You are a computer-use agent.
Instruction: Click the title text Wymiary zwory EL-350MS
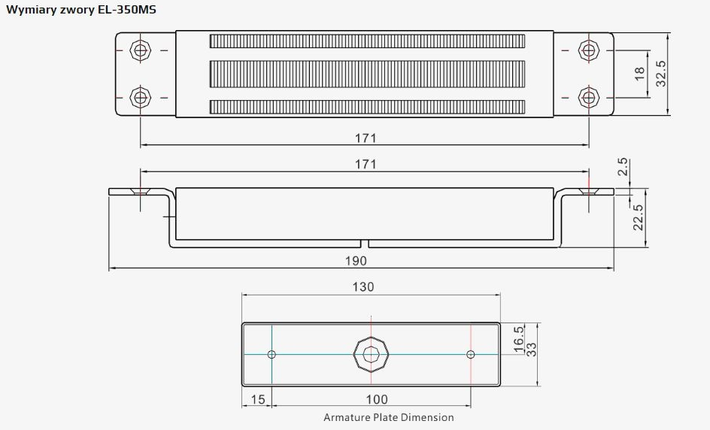point(81,10)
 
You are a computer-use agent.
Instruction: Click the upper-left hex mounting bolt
point(141,50)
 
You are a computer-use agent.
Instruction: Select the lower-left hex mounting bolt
point(141,97)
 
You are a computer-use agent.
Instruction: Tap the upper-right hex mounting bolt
point(589,50)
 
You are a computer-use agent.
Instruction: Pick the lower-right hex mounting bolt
point(589,97)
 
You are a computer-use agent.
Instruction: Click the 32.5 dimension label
point(661,74)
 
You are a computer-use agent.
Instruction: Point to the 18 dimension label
point(639,74)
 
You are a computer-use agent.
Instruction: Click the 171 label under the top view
point(366,138)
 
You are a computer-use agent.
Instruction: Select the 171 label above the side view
point(366,164)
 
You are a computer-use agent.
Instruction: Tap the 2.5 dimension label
point(623,167)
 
